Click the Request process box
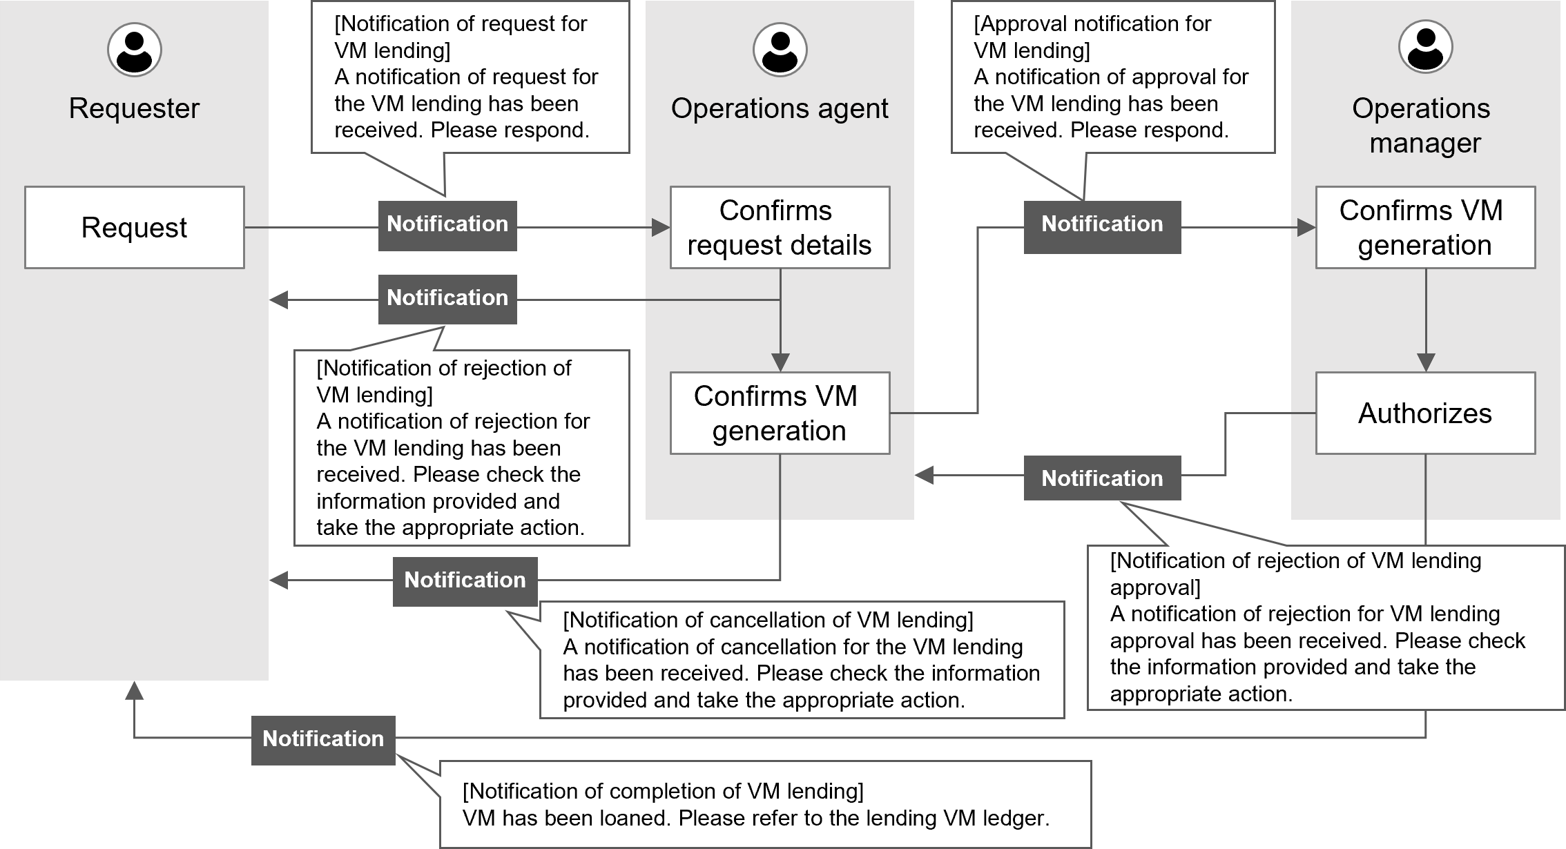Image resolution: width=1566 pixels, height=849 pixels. point(135,227)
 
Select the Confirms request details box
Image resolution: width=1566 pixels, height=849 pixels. point(780,227)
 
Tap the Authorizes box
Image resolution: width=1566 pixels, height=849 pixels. point(1425,413)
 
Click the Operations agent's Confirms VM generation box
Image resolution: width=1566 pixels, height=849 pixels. point(780,413)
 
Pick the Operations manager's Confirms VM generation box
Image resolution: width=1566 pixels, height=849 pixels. point(1425,227)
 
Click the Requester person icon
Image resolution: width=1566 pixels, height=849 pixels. point(135,50)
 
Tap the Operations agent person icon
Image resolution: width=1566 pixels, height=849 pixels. point(780,50)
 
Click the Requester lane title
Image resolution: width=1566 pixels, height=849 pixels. point(135,108)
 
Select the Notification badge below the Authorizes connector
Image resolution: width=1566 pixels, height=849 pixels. point(1102,478)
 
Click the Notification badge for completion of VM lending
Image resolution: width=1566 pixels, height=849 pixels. point(323,739)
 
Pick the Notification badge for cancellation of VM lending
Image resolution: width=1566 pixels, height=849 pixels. point(465,580)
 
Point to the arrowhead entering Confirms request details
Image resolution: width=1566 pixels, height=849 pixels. point(661,227)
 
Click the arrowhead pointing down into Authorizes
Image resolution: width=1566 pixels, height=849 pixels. point(1426,363)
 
